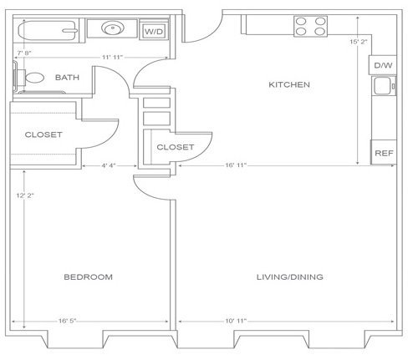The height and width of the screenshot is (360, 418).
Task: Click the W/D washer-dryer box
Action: pos(154,30)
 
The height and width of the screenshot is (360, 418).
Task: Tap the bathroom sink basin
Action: pos(113,28)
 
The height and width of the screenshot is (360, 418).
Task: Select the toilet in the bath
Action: pos(29,78)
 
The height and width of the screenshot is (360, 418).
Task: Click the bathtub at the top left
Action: pos(48,31)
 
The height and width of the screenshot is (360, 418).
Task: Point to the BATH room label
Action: pos(67,78)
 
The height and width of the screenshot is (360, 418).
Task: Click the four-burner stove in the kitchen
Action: pos(310,26)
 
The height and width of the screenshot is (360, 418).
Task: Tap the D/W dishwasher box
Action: pos(383,65)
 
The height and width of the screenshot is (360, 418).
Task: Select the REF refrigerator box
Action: pos(384,153)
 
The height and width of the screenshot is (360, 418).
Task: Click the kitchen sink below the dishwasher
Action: pos(384,86)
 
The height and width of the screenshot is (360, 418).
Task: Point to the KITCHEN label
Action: pos(289,84)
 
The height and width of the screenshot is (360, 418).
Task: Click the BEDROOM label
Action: pos(88,276)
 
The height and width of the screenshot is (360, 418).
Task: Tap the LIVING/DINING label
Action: pos(290,276)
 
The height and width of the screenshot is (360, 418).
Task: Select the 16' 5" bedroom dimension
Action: pos(67,321)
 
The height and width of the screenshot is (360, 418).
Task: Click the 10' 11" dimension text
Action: pos(236,321)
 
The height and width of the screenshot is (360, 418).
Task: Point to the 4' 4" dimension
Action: pos(109,165)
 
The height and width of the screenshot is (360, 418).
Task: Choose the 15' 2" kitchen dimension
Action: pos(359,42)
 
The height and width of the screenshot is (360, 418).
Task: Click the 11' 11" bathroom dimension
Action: pos(112,58)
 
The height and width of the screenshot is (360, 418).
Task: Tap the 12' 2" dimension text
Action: pos(25,195)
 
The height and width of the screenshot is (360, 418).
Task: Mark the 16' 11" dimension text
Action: pos(236,165)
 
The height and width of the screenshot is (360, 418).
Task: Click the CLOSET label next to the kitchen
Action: pos(176,147)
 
